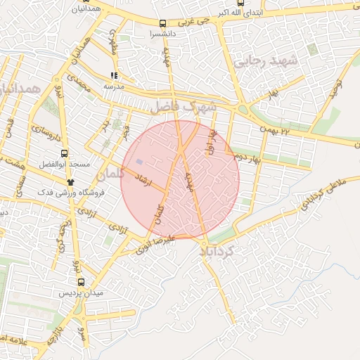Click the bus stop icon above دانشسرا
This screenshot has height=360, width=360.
(163, 22)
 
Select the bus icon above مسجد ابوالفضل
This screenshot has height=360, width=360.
(64, 153)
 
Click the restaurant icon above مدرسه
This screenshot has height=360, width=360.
(114, 75)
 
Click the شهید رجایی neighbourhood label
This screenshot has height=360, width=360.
(269, 61)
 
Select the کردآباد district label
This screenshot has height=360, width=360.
(219, 250)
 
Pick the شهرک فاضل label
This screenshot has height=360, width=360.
(181, 106)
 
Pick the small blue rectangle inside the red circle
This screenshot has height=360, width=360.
(139, 162)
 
